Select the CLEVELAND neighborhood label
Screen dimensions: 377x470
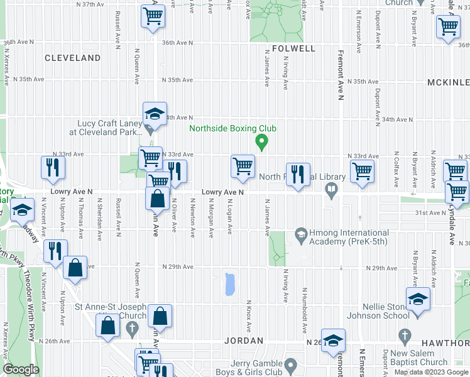73,58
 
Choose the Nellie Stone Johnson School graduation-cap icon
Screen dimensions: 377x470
417,300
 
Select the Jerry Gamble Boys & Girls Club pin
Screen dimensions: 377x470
290,364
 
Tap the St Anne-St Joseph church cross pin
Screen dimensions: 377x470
132,327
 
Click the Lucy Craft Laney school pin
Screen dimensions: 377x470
149,130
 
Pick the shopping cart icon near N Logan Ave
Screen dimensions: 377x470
243,167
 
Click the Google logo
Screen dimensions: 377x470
21,369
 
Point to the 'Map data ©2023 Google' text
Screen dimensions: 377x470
430,372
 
